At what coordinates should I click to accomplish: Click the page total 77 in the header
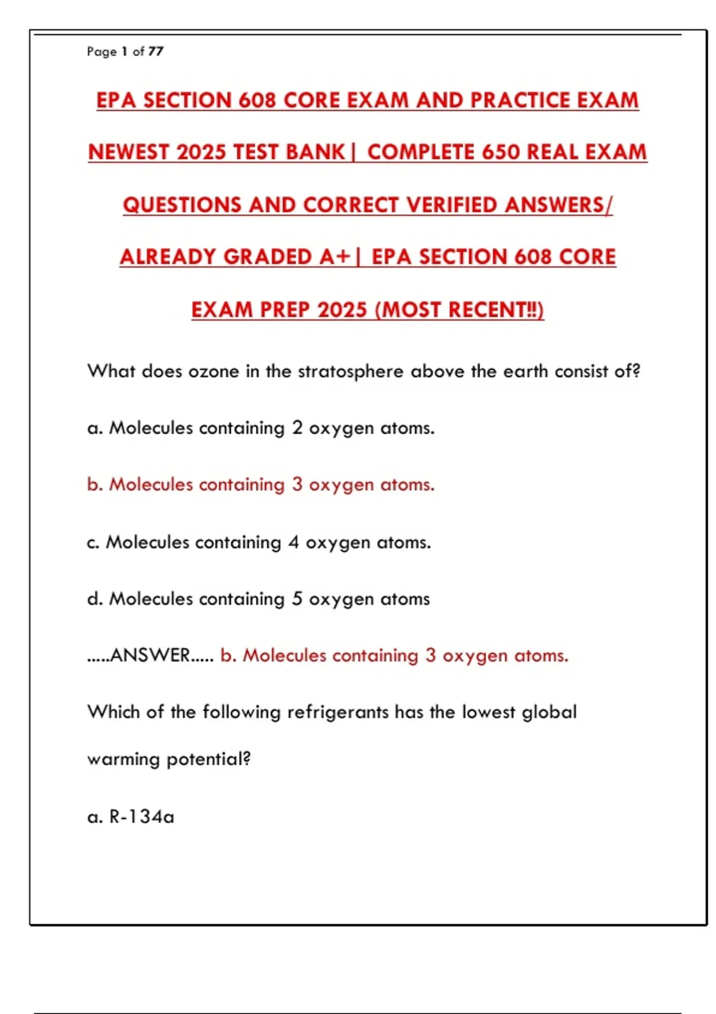156,51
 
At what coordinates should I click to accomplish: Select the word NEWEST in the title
128,152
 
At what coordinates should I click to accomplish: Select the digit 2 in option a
297,428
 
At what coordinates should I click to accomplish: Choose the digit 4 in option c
294,542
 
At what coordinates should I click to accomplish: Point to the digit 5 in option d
297,598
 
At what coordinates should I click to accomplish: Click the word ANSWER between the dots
150,655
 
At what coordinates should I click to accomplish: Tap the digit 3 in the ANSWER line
430,655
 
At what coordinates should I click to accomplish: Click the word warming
124,759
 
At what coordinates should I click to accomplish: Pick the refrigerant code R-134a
142,816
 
